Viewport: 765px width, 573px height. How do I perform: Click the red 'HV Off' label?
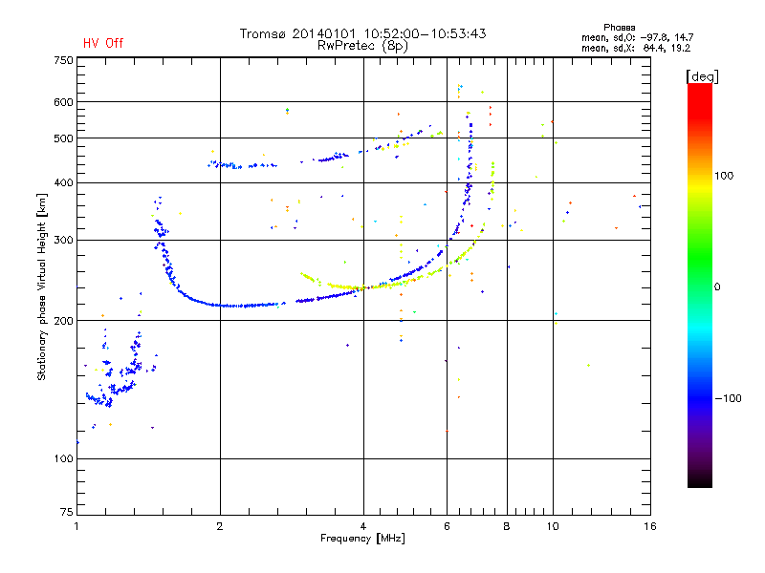pyautogui.click(x=103, y=43)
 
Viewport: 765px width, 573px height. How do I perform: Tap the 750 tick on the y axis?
pyautogui.click(x=63, y=61)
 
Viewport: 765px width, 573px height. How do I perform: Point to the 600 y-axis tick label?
pyautogui.click(x=63, y=102)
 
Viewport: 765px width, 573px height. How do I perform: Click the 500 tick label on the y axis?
pyautogui.click(x=63, y=138)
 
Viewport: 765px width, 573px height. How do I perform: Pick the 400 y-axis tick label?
pyautogui.click(x=63, y=182)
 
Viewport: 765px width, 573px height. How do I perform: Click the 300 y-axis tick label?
pyautogui.click(x=63, y=240)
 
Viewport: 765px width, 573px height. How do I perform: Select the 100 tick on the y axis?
pyautogui.click(x=63, y=459)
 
